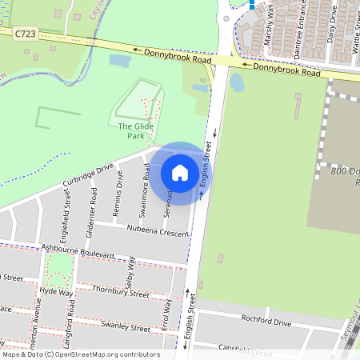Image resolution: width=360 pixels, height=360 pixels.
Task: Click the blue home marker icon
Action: click(180, 173)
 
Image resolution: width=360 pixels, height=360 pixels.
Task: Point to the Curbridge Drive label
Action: click(88, 178)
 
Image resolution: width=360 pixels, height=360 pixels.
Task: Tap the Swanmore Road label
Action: click(146, 190)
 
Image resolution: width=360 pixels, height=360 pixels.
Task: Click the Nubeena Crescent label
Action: click(156, 230)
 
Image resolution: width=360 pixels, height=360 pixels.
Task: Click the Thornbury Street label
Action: click(120, 291)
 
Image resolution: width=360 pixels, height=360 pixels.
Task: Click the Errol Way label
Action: click(167, 309)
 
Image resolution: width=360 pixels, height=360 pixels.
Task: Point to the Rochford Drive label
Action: click(265, 322)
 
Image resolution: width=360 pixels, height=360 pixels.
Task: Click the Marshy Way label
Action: click(270, 16)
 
